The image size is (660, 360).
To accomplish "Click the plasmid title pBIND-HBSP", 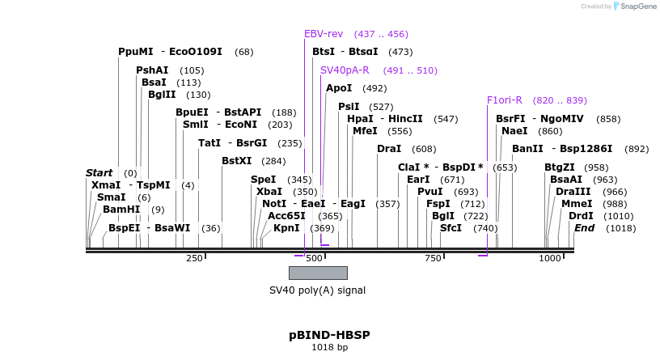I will pyautogui.click(x=329, y=334).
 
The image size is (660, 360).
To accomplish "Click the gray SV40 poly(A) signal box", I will pyautogui.click(x=318, y=273).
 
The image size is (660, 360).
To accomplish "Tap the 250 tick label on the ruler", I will pyautogui.click(x=194, y=258).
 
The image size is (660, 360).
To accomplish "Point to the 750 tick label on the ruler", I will pyautogui.click(x=433, y=258).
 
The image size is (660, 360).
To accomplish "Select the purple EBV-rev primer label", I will pyautogui.click(x=324, y=34).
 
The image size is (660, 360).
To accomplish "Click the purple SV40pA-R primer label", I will pyautogui.click(x=345, y=70).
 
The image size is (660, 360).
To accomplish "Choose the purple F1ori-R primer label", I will pyautogui.click(x=505, y=100).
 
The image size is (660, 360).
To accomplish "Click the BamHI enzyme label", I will pyautogui.click(x=121, y=210).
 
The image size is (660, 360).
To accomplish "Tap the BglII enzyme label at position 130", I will pyautogui.click(x=162, y=95).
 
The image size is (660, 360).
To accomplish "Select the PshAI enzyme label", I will pyautogui.click(x=152, y=70).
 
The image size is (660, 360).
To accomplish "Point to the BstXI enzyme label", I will pyautogui.click(x=237, y=161).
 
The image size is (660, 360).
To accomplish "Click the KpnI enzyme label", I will pyautogui.click(x=286, y=228).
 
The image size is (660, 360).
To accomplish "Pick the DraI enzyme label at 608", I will pyautogui.click(x=389, y=149).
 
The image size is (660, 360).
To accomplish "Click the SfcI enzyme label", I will pyautogui.click(x=451, y=228).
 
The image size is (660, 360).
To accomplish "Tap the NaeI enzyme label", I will pyautogui.click(x=514, y=131).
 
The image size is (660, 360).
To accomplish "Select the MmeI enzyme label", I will pyautogui.click(x=577, y=204).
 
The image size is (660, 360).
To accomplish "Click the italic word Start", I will pyautogui.click(x=99, y=173).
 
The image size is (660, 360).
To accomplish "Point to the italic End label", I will pyautogui.click(x=584, y=228).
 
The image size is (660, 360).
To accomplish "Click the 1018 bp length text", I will pyautogui.click(x=329, y=348).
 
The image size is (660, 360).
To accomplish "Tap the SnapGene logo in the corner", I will pyautogui.click(x=634, y=6).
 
